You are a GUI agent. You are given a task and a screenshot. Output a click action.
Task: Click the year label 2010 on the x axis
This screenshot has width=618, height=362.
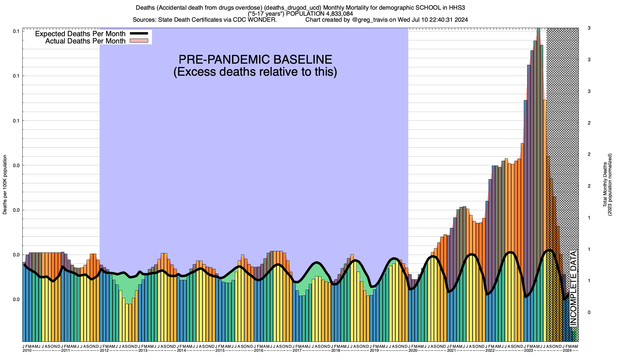27,351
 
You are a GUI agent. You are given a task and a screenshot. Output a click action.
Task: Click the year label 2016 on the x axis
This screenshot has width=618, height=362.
258,351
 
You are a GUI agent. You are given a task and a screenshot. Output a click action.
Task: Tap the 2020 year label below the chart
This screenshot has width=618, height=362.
413,351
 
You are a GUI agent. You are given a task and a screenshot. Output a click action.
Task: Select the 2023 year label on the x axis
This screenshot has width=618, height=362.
528,351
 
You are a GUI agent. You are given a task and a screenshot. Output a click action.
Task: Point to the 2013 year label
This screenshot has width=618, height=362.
143,351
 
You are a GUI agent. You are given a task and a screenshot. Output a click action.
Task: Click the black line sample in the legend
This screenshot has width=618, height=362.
139,33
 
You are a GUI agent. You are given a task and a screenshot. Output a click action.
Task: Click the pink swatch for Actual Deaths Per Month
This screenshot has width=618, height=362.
139,41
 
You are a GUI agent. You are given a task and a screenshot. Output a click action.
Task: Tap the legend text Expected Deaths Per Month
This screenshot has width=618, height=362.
80,33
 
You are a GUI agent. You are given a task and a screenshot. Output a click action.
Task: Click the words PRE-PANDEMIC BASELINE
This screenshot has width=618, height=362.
255,59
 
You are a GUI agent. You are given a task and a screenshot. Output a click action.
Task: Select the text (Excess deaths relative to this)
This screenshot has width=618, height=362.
255,72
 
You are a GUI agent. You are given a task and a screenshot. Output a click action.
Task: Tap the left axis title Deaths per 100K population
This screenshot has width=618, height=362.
5,185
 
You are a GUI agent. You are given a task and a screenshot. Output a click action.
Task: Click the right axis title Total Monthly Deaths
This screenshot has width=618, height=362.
605,185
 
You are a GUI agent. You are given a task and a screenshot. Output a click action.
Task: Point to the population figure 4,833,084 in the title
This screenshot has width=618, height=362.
336,14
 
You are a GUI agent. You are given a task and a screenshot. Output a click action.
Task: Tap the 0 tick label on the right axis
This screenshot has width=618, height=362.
589,313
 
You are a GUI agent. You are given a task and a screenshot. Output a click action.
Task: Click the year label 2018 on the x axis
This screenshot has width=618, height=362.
336,351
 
